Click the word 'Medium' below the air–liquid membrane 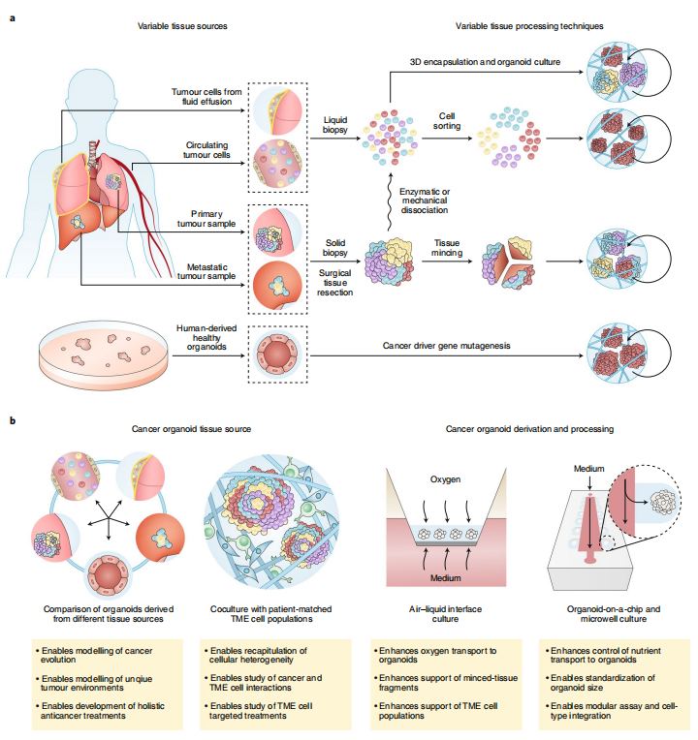point(449,579)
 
